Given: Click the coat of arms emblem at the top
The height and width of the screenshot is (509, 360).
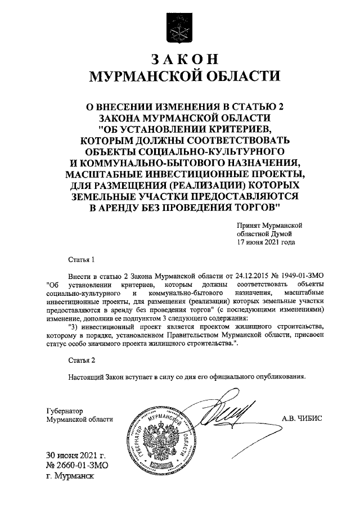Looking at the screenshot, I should click(180, 28).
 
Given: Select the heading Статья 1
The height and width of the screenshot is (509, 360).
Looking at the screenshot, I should click(78, 260).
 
